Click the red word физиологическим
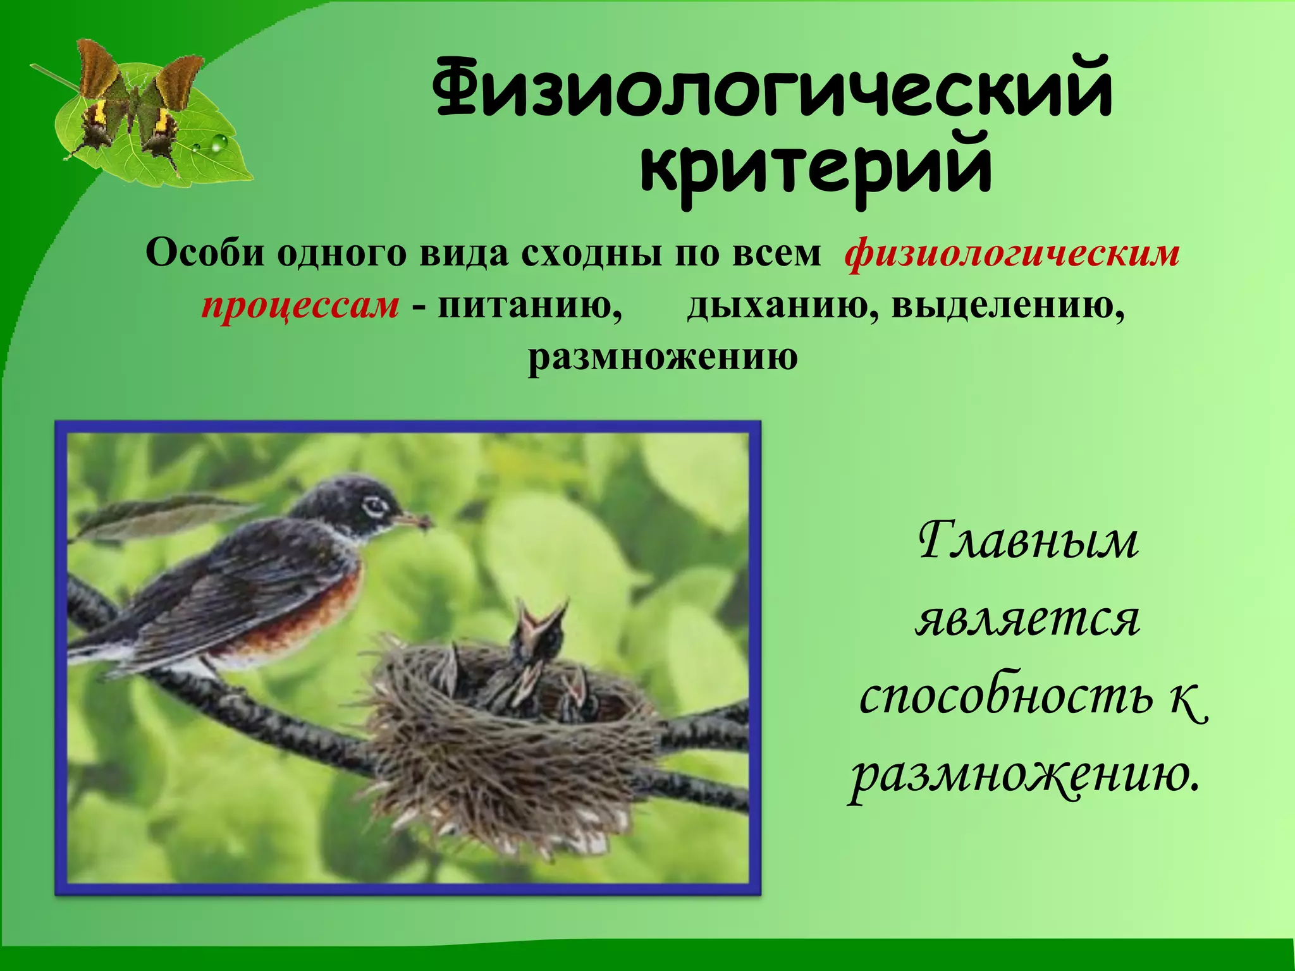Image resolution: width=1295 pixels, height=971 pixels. click(1012, 254)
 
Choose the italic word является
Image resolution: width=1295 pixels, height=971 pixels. click(1028, 620)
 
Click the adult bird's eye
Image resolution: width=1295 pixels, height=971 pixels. click(374, 505)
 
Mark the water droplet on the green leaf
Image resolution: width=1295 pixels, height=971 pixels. click(218, 144)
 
